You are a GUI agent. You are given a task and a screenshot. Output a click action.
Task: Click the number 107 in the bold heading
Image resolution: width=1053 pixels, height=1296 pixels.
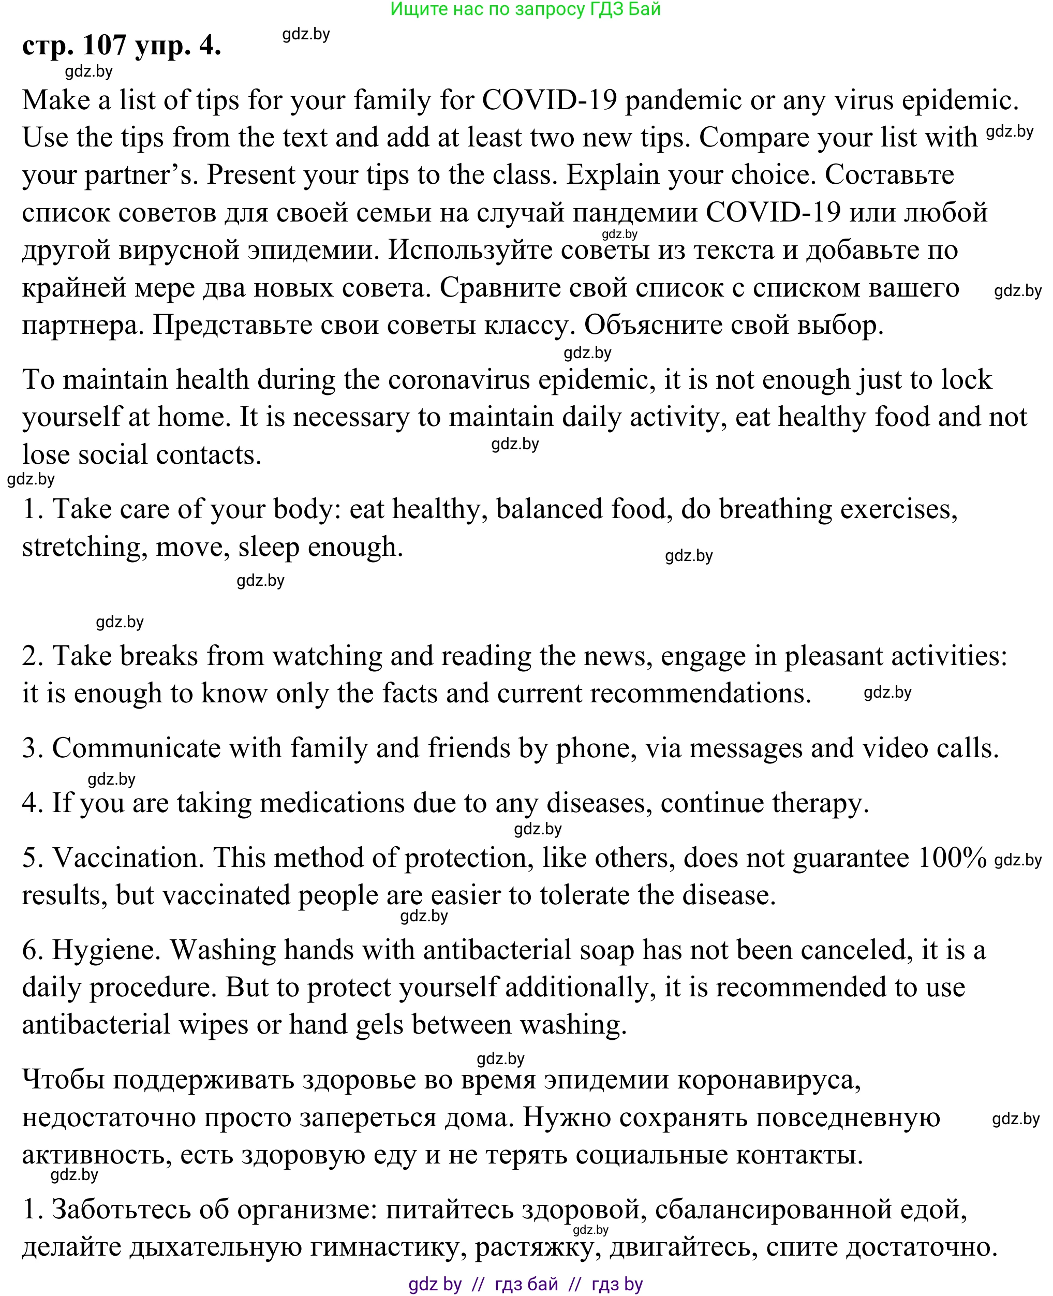coord(105,46)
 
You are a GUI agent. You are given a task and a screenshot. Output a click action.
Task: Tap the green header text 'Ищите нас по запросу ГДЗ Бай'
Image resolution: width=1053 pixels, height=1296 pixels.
coord(525,9)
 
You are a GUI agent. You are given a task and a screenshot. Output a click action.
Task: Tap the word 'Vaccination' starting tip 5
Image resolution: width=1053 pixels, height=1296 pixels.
coord(129,859)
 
